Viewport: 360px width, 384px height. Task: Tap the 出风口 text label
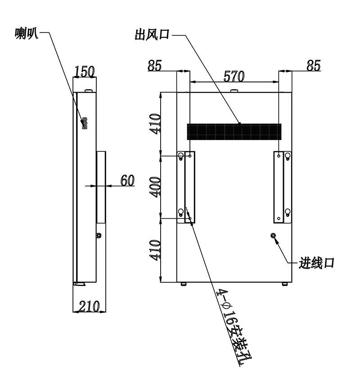coord(152,35)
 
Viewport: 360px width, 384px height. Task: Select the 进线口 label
coord(316,263)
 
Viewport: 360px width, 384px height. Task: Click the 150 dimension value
coord(85,71)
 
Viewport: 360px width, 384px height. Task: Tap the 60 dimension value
coord(127,180)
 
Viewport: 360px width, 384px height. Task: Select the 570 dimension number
coord(234,76)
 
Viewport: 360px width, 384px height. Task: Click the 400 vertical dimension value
coord(155,187)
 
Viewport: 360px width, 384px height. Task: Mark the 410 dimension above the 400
coord(155,124)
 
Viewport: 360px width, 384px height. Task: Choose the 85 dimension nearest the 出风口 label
coord(155,65)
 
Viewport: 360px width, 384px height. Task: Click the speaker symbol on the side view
coord(85,124)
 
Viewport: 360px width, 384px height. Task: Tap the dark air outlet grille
coord(234,132)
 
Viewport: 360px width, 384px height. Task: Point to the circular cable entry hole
coord(273,235)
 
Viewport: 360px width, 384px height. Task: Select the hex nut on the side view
coord(99,235)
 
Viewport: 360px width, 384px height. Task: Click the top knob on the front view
coord(234,91)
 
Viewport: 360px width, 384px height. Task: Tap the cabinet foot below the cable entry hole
coord(284,284)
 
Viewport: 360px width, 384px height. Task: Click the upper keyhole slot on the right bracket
coord(288,156)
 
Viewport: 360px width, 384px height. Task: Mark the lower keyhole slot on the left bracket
coord(181,212)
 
